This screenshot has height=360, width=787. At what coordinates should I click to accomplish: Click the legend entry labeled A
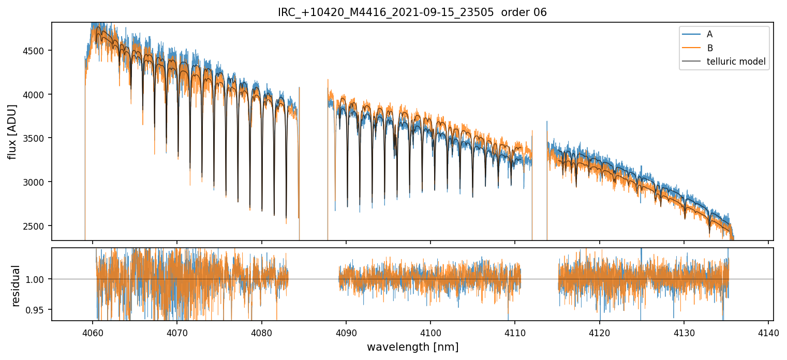[709, 34]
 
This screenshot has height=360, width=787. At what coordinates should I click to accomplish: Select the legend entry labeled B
[709, 48]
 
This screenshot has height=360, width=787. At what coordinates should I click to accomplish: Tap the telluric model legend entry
[736, 62]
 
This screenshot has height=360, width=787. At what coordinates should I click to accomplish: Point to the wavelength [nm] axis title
[412, 347]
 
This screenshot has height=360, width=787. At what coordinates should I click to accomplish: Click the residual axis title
[16, 286]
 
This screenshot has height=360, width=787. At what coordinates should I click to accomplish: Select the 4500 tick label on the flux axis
[35, 51]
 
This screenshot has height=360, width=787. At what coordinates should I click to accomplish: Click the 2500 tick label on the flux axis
[35, 226]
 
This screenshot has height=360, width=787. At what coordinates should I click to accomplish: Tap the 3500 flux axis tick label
[35, 139]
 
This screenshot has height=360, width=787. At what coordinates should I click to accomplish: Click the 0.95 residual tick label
[37, 310]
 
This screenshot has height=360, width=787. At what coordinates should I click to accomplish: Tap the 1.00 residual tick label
[37, 279]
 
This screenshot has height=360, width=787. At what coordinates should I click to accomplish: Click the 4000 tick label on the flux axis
[35, 95]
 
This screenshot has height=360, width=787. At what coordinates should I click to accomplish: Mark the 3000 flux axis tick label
[35, 182]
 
